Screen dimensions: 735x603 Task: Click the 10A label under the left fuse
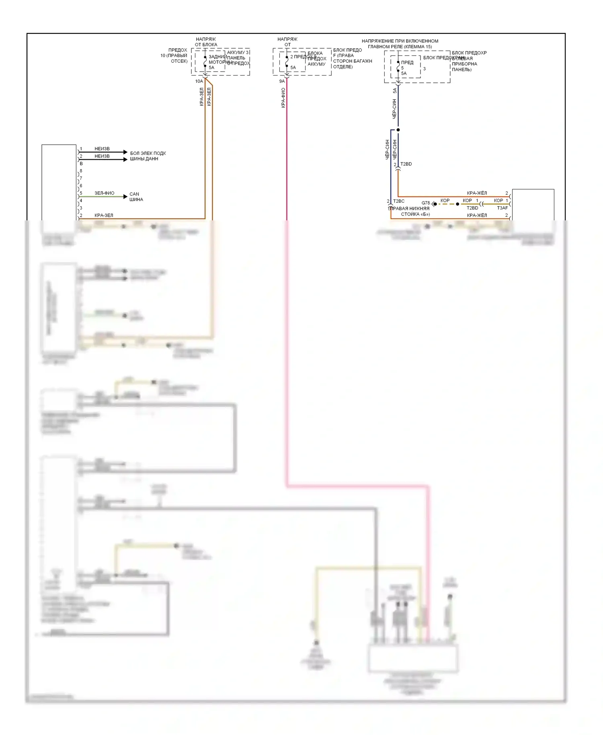[199, 81]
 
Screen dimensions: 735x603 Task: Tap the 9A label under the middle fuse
[282, 81]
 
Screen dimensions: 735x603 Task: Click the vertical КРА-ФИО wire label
[283, 98]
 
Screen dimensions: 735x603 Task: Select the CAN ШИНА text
[136, 197]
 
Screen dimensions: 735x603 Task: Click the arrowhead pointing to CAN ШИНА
[125, 197]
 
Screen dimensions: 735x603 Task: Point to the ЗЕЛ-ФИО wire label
[104, 193]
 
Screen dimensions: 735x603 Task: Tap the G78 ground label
[425, 203]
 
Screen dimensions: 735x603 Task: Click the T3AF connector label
[502, 208]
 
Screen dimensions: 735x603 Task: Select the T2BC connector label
[399, 201]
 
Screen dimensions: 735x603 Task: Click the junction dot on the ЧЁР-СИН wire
[398, 130]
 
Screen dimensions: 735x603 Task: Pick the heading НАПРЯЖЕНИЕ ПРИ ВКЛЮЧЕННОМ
[400, 41]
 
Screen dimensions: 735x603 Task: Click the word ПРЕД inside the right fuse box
[407, 62]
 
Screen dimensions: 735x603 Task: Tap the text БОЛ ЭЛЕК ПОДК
[148, 153]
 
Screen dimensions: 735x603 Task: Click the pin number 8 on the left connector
[81, 171]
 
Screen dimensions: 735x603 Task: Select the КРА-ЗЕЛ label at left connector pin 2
[104, 216]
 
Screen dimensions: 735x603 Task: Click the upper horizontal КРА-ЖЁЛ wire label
[477, 193]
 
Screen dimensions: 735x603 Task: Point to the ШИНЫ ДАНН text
[144, 159]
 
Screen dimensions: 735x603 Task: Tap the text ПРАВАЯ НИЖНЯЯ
[409, 208]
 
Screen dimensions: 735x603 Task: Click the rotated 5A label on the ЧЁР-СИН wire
[394, 91]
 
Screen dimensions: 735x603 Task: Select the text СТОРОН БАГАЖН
[352, 61]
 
